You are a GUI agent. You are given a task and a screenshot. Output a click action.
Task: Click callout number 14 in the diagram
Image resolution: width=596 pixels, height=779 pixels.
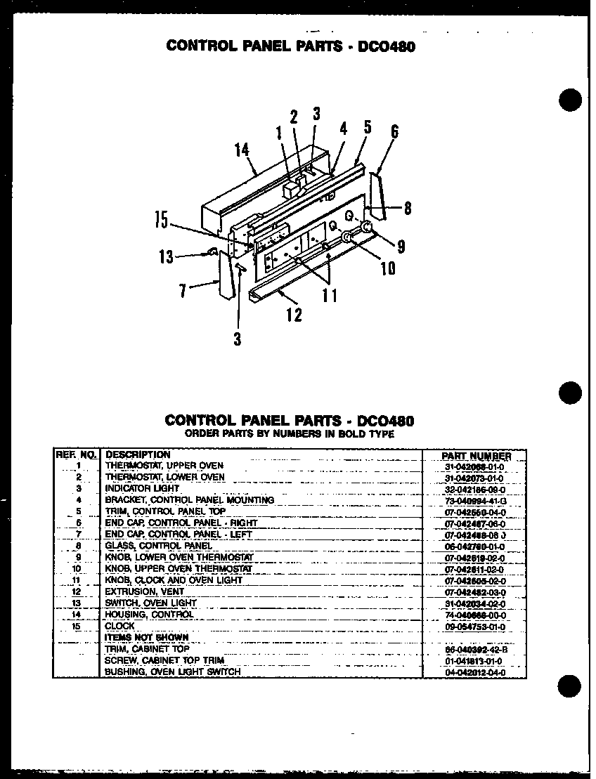242,150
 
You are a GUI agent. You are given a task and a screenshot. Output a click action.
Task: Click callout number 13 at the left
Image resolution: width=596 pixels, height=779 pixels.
166,256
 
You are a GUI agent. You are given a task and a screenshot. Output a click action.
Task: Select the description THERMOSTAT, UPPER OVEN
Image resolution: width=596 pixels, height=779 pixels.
164,466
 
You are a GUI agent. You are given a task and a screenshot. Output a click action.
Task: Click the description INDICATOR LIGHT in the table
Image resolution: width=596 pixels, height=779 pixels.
142,488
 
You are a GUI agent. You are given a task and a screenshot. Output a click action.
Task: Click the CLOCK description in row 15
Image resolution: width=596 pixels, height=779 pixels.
119,626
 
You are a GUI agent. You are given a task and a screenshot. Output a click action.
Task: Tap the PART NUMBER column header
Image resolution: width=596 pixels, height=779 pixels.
476,456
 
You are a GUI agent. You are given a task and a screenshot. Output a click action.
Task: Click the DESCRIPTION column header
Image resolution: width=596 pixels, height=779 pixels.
138,454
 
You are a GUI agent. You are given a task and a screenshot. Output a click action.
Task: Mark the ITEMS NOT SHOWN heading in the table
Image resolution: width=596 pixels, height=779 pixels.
146,638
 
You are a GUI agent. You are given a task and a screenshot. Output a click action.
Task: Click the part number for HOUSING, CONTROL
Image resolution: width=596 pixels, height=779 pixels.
475,615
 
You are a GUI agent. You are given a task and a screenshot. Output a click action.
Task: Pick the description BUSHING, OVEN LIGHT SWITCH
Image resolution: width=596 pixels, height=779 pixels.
172,672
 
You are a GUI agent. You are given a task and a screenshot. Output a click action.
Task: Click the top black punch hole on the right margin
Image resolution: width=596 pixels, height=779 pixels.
571,99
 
